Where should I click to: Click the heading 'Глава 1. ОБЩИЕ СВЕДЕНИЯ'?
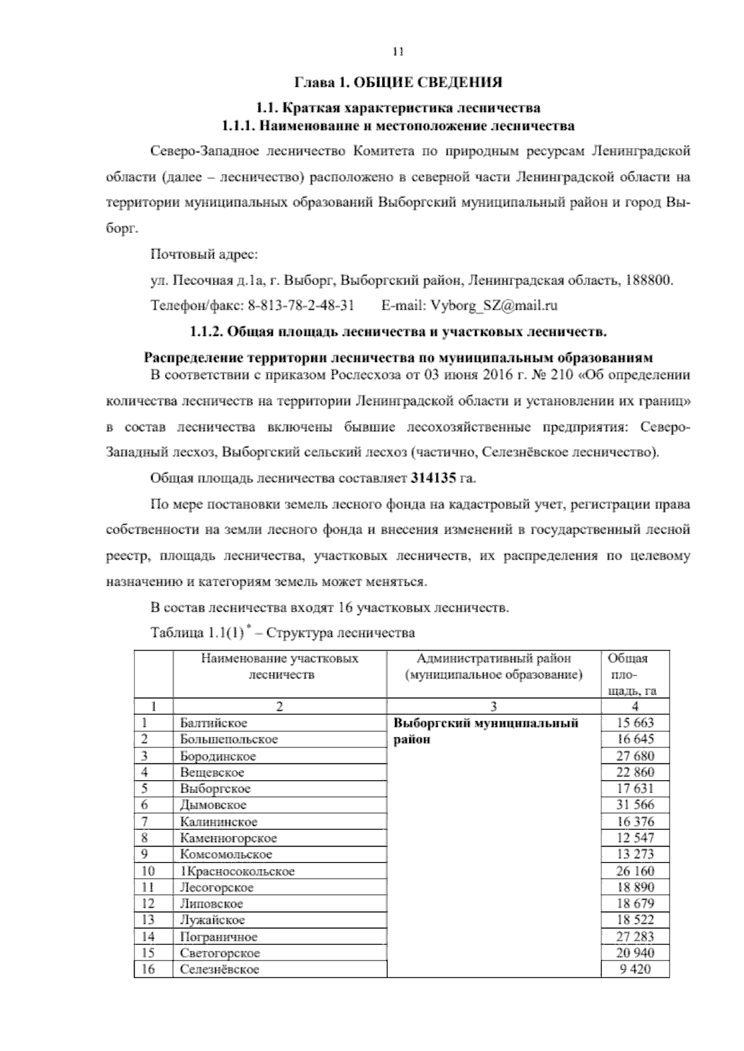[398, 82]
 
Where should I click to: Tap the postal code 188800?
[648, 280]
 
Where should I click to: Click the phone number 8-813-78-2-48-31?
[301, 305]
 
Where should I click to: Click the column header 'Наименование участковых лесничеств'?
[280, 666]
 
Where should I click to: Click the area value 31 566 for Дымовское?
[635, 804]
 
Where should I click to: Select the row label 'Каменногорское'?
[228, 838]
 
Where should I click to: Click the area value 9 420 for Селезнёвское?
[635, 969]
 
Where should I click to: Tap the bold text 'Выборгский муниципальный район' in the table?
[486, 731]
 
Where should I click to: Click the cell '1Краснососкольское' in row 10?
[237, 871]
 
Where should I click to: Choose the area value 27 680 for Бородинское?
[635, 755]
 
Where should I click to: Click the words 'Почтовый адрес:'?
[204, 255]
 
